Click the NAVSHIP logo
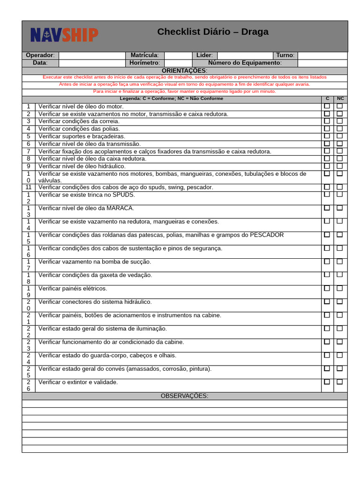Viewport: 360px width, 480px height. pyautogui.click(x=64, y=35)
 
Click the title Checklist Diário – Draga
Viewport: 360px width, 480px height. pyautogui.click(x=213, y=32)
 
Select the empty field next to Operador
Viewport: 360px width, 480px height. pyautogui.click(x=92, y=55)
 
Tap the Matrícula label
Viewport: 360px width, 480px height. pyautogui.click(x=144, y=55)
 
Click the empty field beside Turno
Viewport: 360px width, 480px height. pyautogui.click(x=322, y=55)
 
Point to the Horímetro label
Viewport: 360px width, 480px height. pyautogui.click(x=144, y=63)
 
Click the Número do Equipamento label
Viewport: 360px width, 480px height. pyautogui.click(x=245, y=63)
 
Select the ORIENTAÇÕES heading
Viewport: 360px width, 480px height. pyautogui.click(x=184, y=70)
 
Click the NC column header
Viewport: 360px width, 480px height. pyautogui.click(x=340, y=98)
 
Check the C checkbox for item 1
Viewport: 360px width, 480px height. pyautogui.click(x=327, y=106)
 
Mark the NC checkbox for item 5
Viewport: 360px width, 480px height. pyautogui.click(x=340, y=136)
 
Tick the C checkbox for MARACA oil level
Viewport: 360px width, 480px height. pyautogui.click(x=327, y=208)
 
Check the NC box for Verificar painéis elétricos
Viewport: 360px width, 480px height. pyautogui.click(x=340, y=288)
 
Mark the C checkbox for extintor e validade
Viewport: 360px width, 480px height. pyautogui.click(x=327, y=382)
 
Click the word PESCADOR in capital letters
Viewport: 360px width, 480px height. pyautogui.click(x=267, y=235)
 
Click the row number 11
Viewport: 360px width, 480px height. pyautogui.click(x=29, y=187)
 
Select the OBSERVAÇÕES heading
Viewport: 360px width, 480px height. pyautogui.click(x=184, y=396)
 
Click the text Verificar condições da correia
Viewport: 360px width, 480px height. pyautogui.click(x=79, y=121)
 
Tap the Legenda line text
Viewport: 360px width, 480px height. pyautogui.click(x=172, y=98)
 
